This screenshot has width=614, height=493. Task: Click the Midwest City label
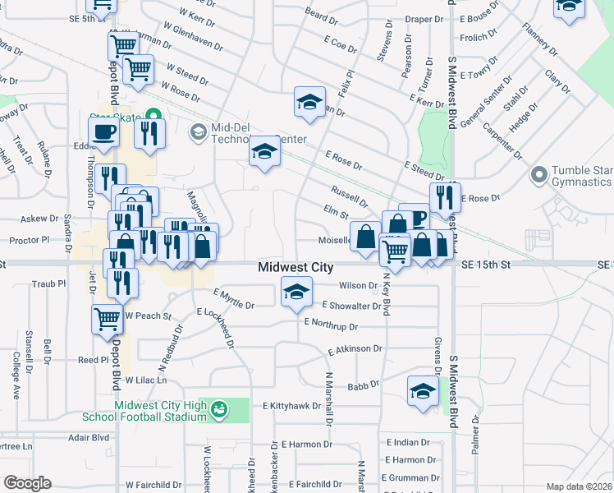click(296, 267)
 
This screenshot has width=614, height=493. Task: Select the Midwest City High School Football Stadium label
click(149, 410)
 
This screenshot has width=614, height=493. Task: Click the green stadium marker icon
click(218, 409)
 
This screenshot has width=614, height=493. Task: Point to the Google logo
click(27, 483)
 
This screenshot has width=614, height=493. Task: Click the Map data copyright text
click(580, 486)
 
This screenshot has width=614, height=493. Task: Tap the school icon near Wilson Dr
click(296, 291)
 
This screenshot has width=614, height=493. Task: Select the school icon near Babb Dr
click(422, 390)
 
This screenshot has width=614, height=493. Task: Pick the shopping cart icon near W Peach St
click(107, 318)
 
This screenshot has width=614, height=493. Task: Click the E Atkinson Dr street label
click(355, 350)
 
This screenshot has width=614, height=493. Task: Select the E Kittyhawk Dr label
click(295, 406)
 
